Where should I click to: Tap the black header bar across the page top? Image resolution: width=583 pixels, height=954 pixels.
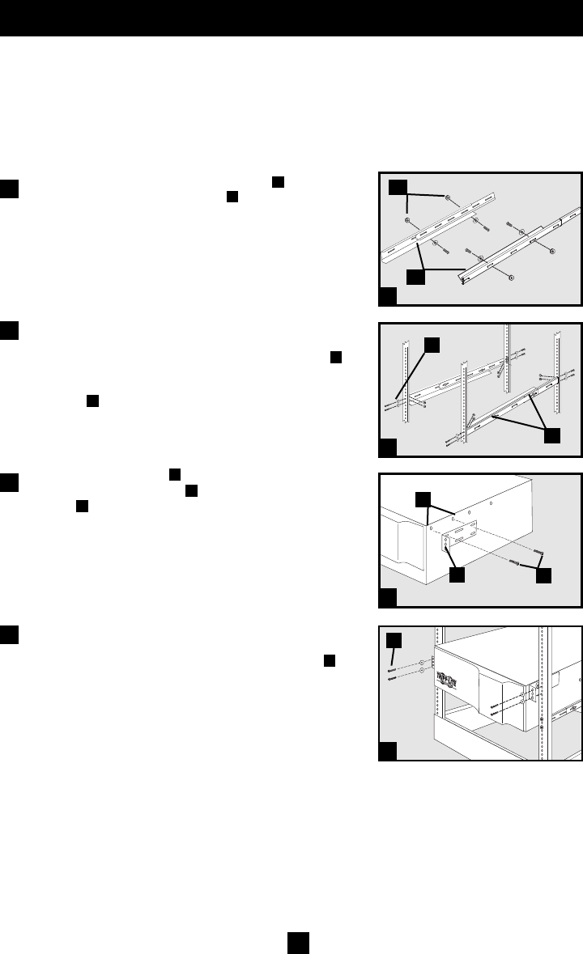(x=291, y=18)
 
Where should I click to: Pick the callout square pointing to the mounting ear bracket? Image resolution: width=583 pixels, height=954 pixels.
(x=457, y=576)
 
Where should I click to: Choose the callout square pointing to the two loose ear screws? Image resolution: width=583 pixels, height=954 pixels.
(x=543, y=576)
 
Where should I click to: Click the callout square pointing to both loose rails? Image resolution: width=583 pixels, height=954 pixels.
(x=416, y=277)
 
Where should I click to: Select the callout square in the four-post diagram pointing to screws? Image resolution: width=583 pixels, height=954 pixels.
(x=431, y=346)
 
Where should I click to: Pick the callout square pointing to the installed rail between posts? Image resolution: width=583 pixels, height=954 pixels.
(x=551, y=435)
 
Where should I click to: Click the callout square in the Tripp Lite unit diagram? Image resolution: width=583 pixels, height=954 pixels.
(x=394, y=641)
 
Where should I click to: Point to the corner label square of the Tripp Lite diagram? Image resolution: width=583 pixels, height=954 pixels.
(x=389, y=750)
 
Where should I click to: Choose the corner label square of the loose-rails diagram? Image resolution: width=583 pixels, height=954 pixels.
(x=389, y=297)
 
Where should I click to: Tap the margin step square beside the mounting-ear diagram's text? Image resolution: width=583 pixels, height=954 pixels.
(x=10, y=483)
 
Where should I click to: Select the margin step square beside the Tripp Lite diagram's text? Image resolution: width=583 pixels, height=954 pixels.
(x=10, y=634)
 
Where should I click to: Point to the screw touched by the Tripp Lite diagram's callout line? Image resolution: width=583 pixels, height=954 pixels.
(x=393, y=670)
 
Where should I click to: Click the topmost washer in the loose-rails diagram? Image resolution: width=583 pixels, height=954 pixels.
(x=448, y=197)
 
